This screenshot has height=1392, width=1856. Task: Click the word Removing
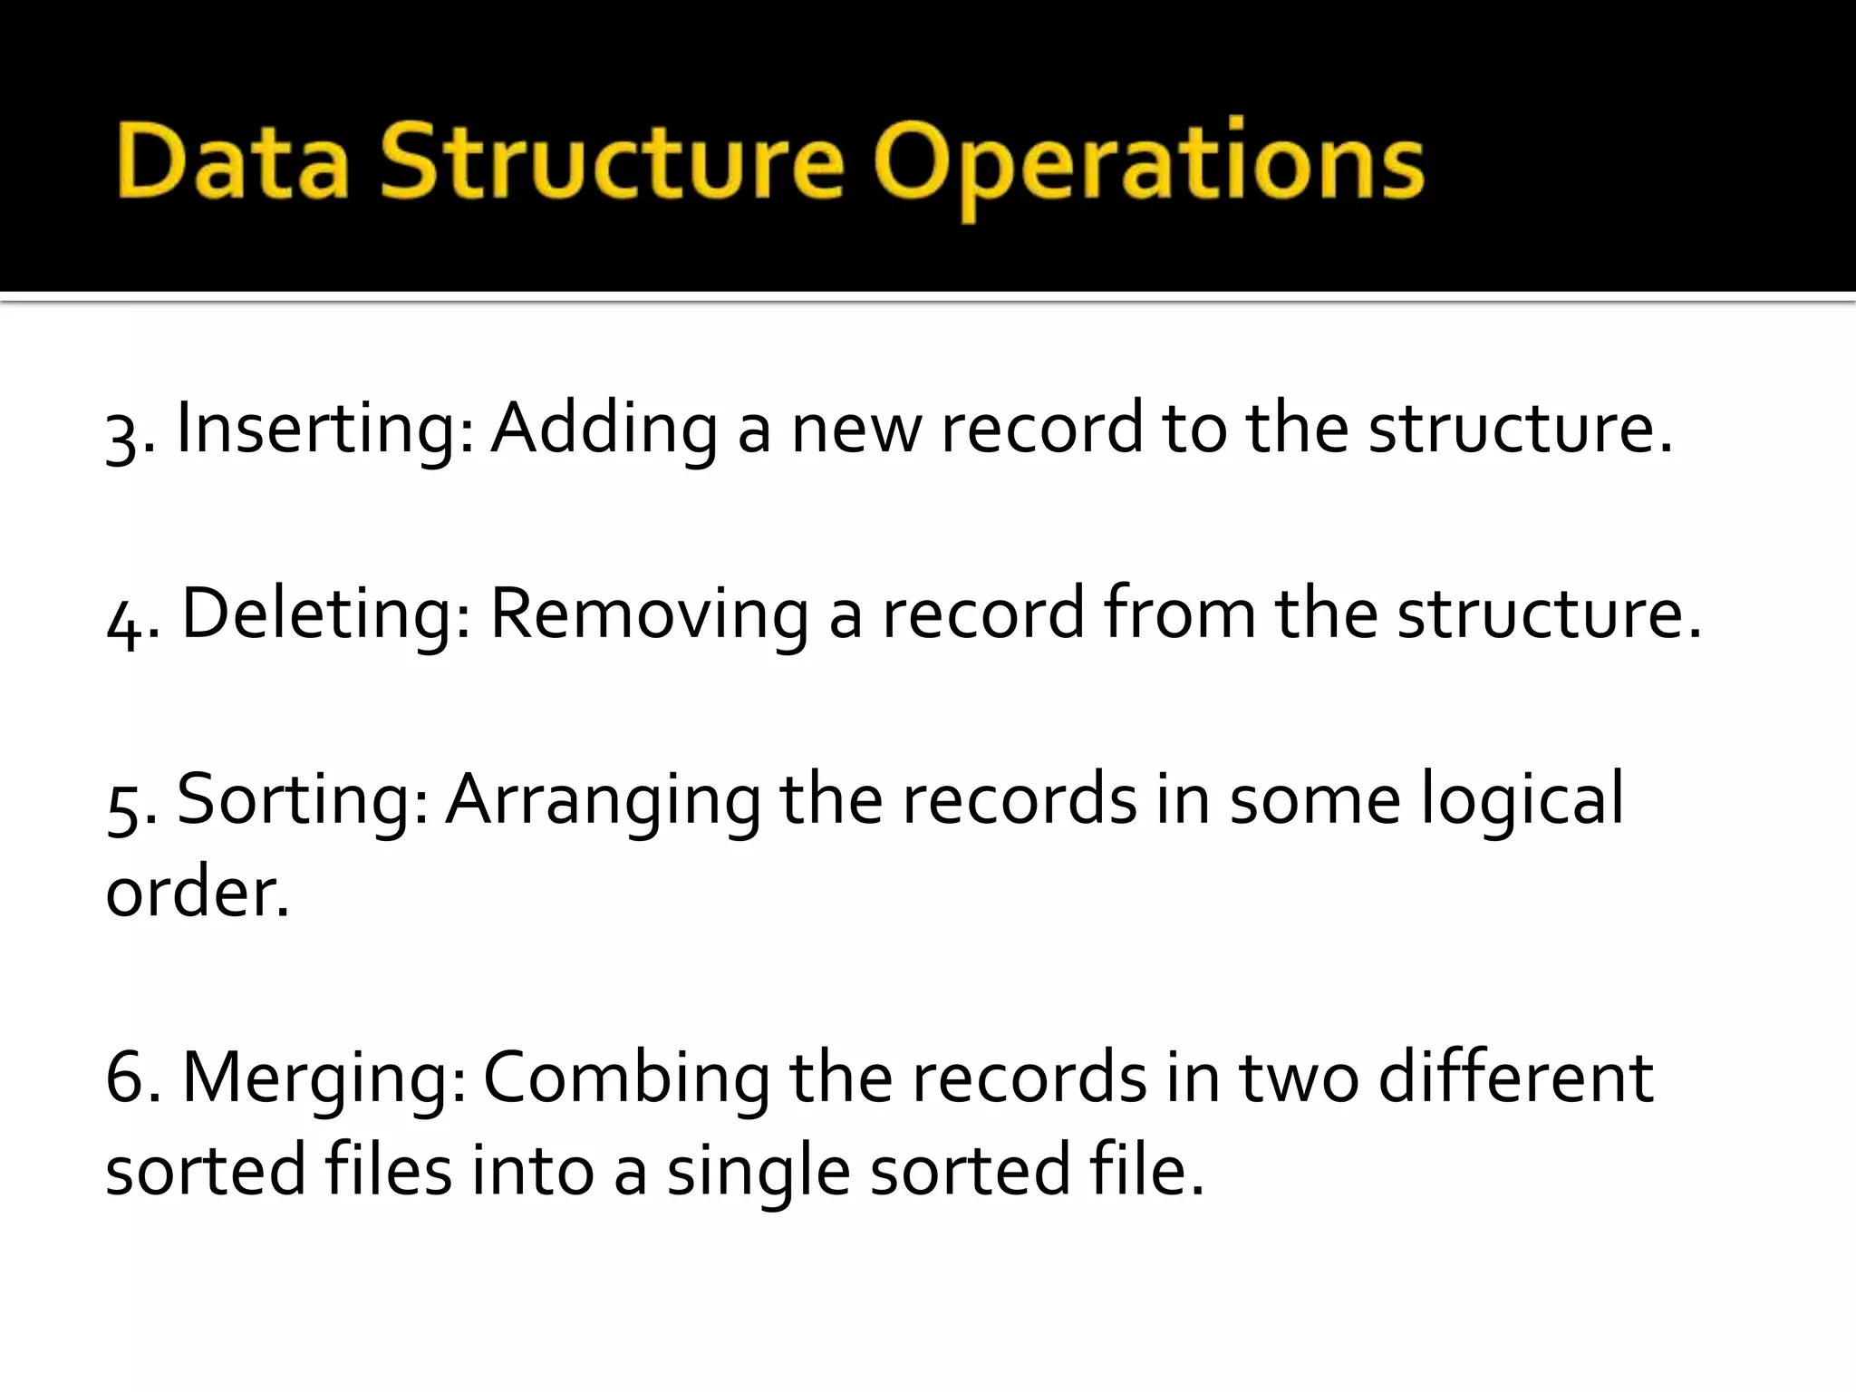point(649,614)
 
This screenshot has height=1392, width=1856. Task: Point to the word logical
point(1522,801)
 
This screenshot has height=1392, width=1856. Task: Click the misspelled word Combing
point(626,1079)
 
